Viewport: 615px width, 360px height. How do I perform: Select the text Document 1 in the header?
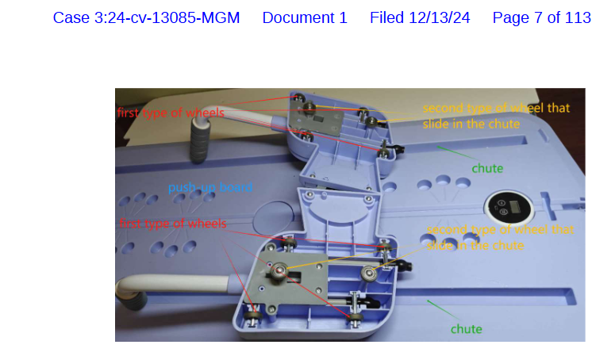[305, 18]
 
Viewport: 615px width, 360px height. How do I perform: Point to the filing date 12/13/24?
[440, 18]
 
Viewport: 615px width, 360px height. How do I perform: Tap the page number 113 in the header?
[578, 18]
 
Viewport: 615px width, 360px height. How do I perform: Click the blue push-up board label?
[210, 187]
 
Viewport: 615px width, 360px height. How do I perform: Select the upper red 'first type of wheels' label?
[171, 113]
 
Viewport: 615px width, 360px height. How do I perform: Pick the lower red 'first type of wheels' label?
[173, 224]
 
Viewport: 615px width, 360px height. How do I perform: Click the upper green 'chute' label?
[487, 168]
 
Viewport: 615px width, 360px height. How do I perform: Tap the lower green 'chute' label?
[467, 329]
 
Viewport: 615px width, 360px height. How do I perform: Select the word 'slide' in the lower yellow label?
[440, 246]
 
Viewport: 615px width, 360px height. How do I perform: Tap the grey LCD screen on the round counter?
[515, 206]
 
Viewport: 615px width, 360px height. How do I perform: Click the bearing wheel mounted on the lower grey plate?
[280, 270]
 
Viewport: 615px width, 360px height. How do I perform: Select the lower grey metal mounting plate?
[286, 278]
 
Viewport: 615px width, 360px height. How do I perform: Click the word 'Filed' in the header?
[386, 18]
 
